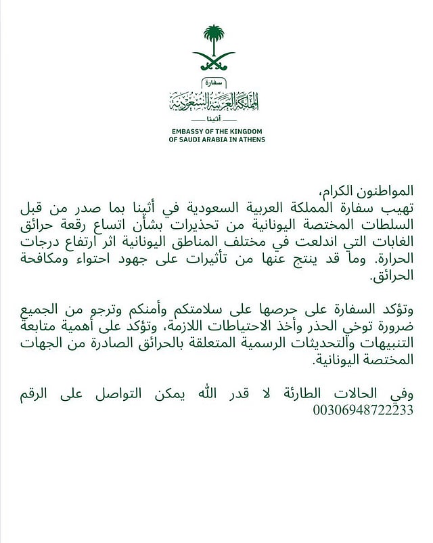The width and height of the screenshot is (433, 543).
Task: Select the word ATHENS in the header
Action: click(250, 139)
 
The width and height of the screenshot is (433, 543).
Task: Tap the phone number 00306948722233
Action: click(363, 410)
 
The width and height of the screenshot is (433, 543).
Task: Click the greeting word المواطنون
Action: click(386, 189)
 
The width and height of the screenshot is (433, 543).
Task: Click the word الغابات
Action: click(390, 242)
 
